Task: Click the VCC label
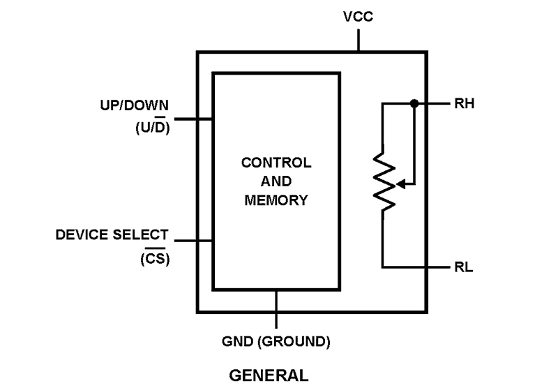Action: pyautogui.click(x=359, y=15)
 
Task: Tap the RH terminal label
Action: pyautogui.click(x=464, y=105)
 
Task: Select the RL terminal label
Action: pyautogui.click(x=463, y=267)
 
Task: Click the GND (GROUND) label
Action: pyautogui.click(x=276, y=342)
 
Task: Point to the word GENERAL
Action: pyautogui.click(x=269, y=375)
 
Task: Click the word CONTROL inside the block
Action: pyautogui.click(x=276, y=163)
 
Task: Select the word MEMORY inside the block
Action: pyautogui.click(x=276, y=200)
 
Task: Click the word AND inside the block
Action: pyautogui.click(x=276, y=181)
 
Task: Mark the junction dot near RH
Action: pyautogui.click(x=414, y=103)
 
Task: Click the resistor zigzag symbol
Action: pyautogui.click(x=384, y=178)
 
